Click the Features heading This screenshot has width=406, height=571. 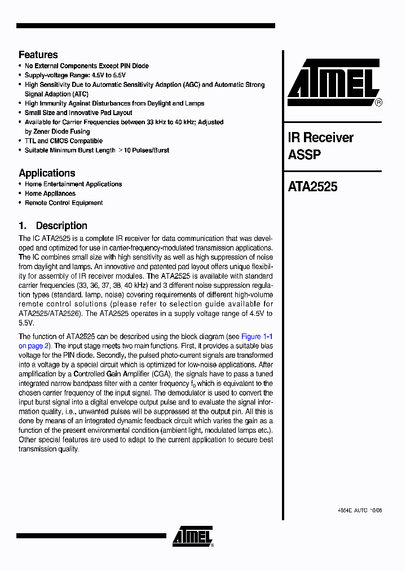click(38, 55)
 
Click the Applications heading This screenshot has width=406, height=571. click(47, 173)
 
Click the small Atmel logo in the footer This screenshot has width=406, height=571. click(192, 537)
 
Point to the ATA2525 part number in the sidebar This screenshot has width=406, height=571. click(312, 187)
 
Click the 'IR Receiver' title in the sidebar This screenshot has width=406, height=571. click(320, 138)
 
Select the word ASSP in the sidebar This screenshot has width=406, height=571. click(304, 155)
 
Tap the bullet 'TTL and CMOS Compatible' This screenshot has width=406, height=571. click(63, 141)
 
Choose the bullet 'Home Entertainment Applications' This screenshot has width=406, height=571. click(73, 185)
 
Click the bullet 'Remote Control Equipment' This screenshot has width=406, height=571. click(63, 203)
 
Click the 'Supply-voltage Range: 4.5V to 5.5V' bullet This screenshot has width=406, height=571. click(75, 75)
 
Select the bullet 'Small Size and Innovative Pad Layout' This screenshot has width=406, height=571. click(78, 113)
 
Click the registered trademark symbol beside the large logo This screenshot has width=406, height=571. click(379, 103)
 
